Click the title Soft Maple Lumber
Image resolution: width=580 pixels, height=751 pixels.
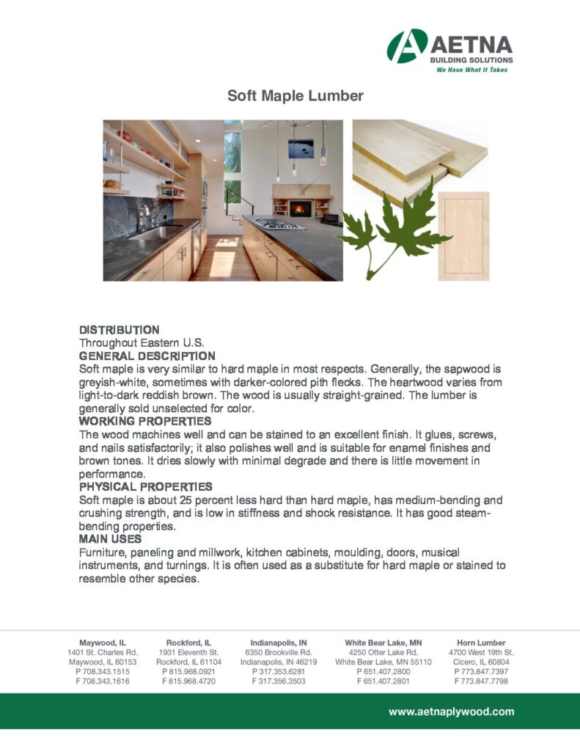pos(295,96)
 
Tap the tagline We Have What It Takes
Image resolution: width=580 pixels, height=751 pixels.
pos(471,70)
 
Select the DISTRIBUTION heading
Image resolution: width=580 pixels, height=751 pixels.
pos(119,330)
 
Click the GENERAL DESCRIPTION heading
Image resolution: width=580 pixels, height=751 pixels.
pos(147,356)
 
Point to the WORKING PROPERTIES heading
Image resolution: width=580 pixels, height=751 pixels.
pos(145,421)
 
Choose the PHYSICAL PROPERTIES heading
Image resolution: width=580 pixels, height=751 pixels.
pos(145,486)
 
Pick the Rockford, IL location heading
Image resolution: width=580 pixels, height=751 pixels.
pos(188,642)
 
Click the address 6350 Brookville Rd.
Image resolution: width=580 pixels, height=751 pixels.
pos(279,652)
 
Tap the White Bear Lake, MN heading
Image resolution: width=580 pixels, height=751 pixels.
pos(383,642)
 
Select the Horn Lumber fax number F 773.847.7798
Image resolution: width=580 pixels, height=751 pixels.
pos(481,681)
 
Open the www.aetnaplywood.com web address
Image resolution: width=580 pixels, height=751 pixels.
pos(451,711)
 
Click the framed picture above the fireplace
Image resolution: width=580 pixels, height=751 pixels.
pos(301,148)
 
